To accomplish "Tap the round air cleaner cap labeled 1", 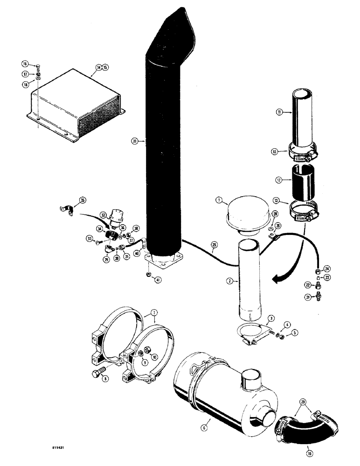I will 246,215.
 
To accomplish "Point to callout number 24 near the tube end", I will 327,268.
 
